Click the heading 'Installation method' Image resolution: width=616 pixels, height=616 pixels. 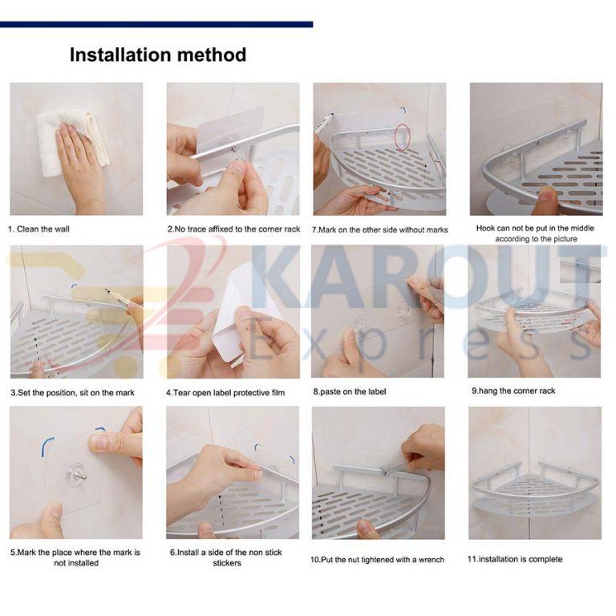tap(158, 55)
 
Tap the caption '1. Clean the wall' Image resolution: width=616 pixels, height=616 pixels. tap(38, 229)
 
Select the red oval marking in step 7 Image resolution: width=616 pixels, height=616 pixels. tap(403, 137)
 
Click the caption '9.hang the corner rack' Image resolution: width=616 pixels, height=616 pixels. tap(513, 391)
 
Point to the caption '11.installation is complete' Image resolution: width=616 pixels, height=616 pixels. tap(515, 559)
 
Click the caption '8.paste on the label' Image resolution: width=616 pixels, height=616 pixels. tap(350, 391)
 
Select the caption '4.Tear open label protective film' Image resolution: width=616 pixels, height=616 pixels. tap(225, 392)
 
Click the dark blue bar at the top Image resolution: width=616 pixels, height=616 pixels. tap(156, 24)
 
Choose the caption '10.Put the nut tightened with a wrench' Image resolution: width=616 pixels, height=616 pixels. tap(377, 559)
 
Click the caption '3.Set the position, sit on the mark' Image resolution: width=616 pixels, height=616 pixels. tap(72, 392)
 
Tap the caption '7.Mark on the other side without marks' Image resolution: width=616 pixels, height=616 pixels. tap(380, 230)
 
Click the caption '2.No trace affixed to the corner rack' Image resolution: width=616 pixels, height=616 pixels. tap(233, 229)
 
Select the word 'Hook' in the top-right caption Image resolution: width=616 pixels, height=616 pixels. tap(486, 228)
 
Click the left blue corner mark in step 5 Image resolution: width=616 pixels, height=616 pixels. tap(45, 445)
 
